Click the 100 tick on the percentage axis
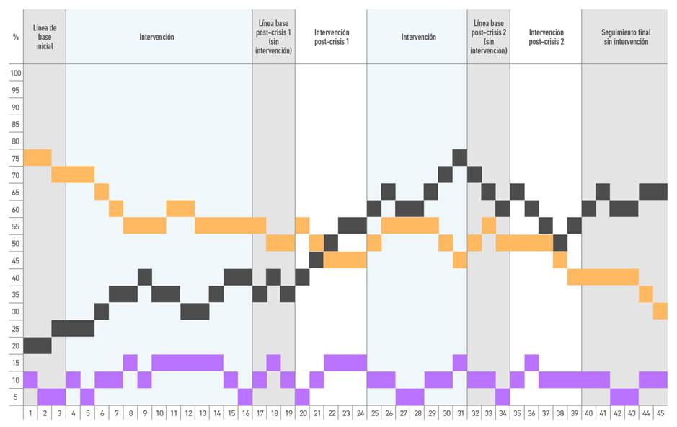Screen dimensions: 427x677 (x=16, y=73)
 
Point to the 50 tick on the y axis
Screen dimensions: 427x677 (x=16, y=244)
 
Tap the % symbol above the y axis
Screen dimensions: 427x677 (x=16, y=37)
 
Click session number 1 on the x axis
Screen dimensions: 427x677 (x=30, y=413)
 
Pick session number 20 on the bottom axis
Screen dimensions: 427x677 (x=302, y=413)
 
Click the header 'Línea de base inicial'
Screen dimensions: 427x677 (x=45, y=37)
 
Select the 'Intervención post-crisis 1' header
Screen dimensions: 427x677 (x=331, y=37)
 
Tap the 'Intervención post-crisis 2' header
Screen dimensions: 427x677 (x=546, y=37)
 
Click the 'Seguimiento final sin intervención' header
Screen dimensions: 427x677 (x=624, y=37)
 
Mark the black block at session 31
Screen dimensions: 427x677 (x=460, y=157)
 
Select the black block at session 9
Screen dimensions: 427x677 (x=145, y=277)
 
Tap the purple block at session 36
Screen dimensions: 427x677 (x=531, y=362)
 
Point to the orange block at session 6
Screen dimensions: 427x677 (x=102, y=192)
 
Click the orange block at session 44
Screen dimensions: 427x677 (x=646, y=294)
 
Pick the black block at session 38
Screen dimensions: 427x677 (x=560, y=243)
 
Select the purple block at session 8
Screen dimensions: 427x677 (x=130, y=362)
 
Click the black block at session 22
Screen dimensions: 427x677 (x=331, y=243)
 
